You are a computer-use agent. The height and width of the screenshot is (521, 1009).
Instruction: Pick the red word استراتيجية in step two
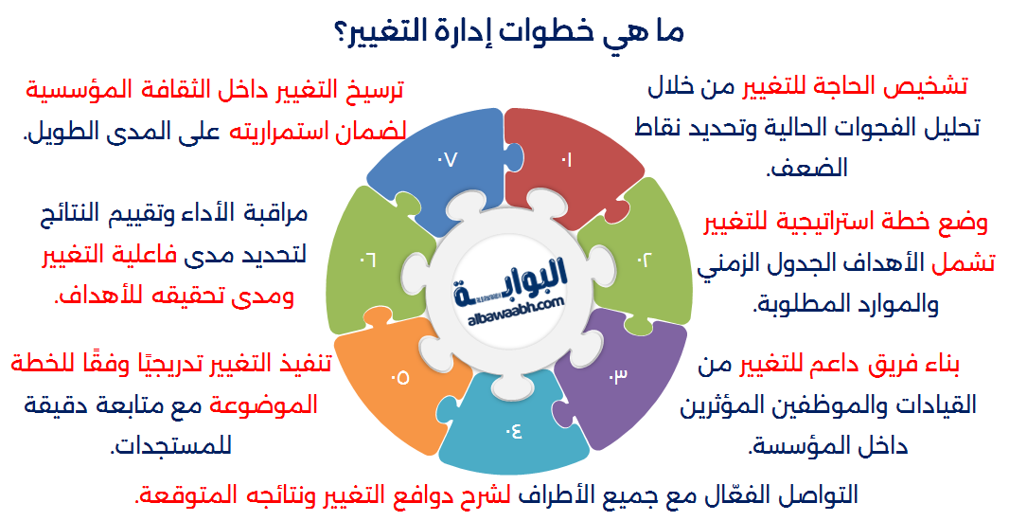[x=833, y=225]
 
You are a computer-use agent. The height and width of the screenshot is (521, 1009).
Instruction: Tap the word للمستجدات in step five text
[x=170, y=445]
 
